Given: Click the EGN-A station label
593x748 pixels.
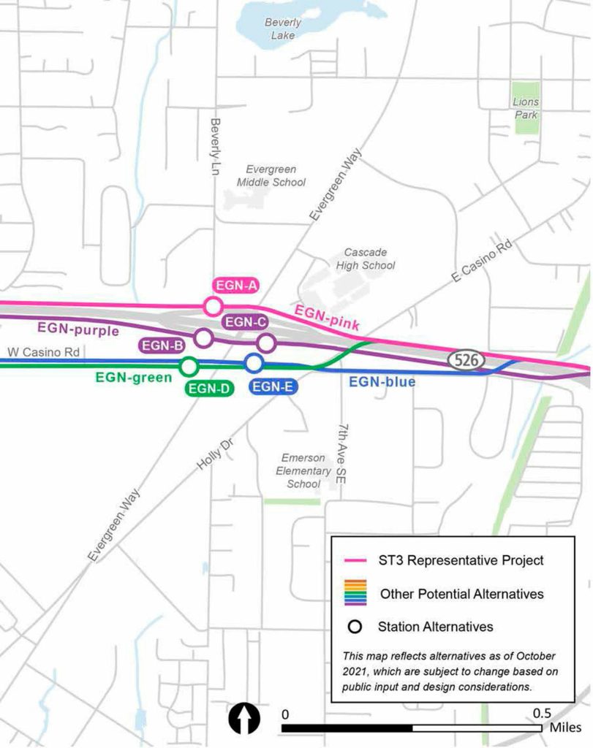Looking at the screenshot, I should tap(235, 286).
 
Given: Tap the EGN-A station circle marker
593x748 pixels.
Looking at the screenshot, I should tap(213, 306).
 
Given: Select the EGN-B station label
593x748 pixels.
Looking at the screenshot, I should tap(162, 346).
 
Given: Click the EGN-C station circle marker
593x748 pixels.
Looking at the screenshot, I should tap(266, 342).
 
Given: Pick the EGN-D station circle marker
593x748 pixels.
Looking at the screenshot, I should tap(189, 365).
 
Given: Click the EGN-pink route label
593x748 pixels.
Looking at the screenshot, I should tap(327, 319).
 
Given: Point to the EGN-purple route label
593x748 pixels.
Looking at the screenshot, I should tap(78, 330).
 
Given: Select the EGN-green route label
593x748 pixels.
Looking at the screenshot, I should tap(133, 378).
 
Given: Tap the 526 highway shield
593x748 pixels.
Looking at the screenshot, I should tap(466, 359).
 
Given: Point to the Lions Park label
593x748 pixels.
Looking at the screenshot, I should tap(526, 109).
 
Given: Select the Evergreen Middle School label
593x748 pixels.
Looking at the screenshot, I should tap(271, 175).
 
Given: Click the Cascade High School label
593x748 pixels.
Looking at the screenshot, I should tap(366, 259).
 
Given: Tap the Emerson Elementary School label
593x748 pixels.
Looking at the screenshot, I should tap(303, 470).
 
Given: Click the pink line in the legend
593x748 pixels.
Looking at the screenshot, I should tap(355, 561).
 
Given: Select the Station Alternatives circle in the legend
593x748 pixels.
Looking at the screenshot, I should tap(355, 627).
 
